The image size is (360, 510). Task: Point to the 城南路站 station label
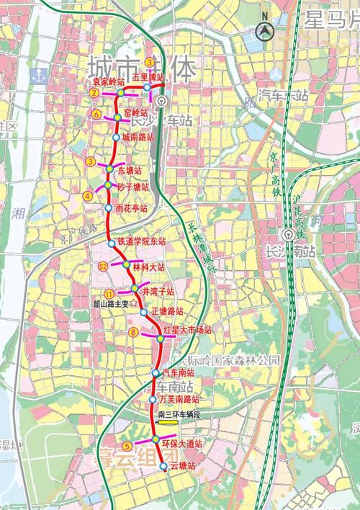[138, 136]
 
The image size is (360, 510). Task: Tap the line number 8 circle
[133, 332]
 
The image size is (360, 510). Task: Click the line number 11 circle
[109, 293]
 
